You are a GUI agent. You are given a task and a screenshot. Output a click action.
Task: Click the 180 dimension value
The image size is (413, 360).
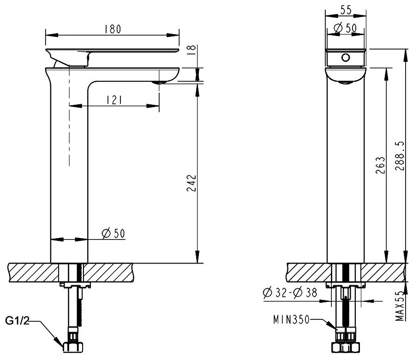pos(113,29)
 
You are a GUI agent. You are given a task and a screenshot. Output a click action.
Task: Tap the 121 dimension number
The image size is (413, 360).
pos(114,100)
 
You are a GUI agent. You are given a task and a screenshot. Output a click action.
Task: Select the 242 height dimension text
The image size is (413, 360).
pos(192,183)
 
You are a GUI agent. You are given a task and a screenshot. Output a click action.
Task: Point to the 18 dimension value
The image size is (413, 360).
pos(192,49)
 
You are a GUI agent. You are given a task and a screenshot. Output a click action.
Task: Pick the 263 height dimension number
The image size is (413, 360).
pos(380,165)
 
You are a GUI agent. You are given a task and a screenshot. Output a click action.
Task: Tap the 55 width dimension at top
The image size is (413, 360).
pos(346,10)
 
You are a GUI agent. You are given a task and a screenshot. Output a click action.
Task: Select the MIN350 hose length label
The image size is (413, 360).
pos(291,320)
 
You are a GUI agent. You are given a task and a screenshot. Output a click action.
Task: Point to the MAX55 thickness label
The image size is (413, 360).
pos(400,306)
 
